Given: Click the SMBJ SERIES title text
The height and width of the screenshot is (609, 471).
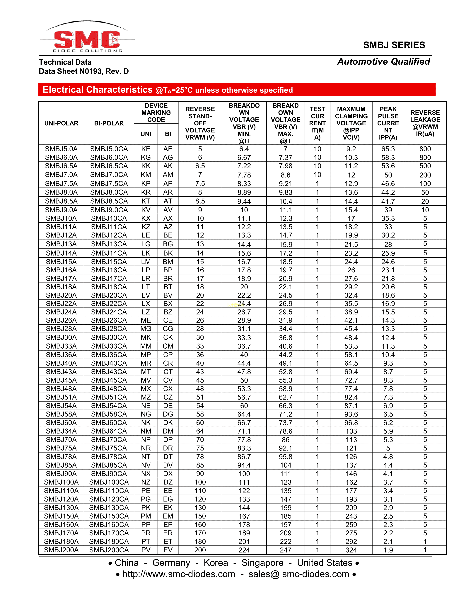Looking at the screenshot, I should tap(394, 45).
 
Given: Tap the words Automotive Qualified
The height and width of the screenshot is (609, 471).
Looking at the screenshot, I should tap(383, 62).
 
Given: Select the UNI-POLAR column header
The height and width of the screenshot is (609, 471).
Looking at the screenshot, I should tap(61, 123).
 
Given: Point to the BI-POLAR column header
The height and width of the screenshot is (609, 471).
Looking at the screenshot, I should tap(109, 123).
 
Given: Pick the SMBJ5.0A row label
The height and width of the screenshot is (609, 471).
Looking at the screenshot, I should tap(61, 149).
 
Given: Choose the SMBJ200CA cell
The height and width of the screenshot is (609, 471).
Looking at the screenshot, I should tap(109, 550).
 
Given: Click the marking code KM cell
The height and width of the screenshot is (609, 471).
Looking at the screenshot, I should tap(146, 175).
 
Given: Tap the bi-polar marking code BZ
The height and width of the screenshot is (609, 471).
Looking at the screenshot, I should tap(168, 312).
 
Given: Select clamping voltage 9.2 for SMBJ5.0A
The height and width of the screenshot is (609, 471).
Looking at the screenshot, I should tap(351, 149).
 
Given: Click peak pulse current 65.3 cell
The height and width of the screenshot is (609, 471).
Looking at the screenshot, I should tap(388, 149).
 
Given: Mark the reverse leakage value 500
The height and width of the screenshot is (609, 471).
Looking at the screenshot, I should tap(425, 166).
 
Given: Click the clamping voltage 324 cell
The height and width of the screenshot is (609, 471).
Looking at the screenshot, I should tap(351, 550).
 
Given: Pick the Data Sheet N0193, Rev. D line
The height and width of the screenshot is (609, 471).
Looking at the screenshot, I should tap(84, 71).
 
